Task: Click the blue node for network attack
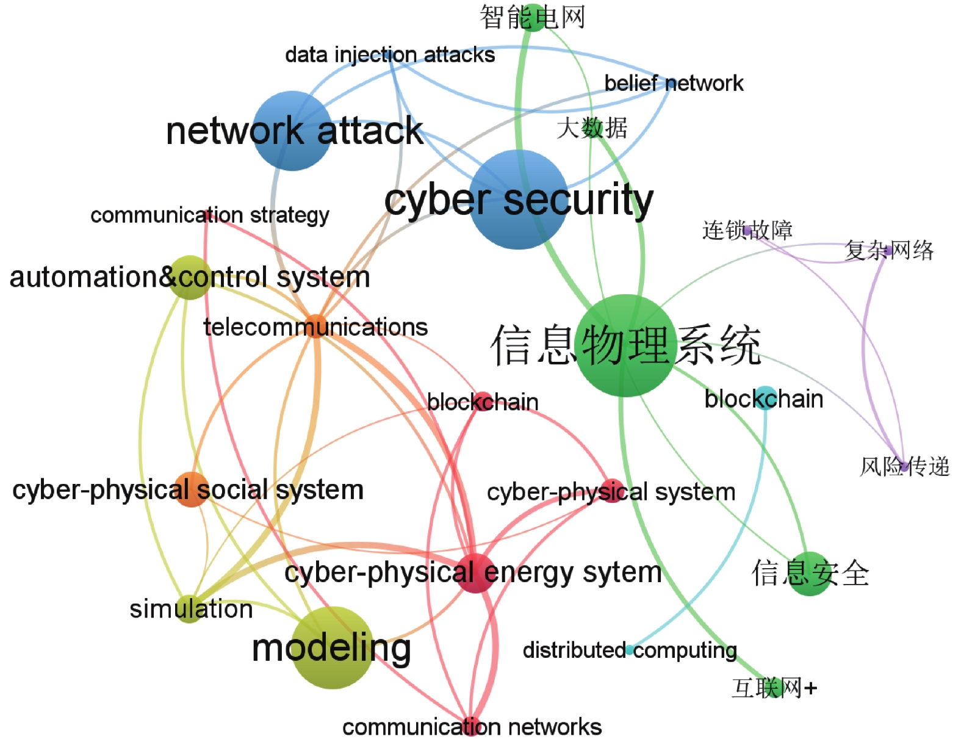[292, 131]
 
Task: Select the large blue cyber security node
[519, 200]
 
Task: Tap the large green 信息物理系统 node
[625, 345]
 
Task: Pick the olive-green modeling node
[333, 647]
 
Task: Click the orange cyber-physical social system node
[191, 489]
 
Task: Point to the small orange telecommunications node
[316, 326]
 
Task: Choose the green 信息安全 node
[810, 574]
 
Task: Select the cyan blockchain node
[765, 398]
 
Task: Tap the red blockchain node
[483, 401]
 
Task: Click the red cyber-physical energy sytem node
[476, 573]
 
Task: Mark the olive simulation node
[189, 609]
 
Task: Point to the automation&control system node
[190, 277]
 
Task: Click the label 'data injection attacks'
[390, 56]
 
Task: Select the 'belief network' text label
[674, 83]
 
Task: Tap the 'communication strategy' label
[210, 215]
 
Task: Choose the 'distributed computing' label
[630, 651]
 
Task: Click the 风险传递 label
[905, 467]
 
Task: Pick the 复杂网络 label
[889, 250]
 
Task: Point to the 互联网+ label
[774, 688]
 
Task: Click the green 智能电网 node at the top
[533, 18]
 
